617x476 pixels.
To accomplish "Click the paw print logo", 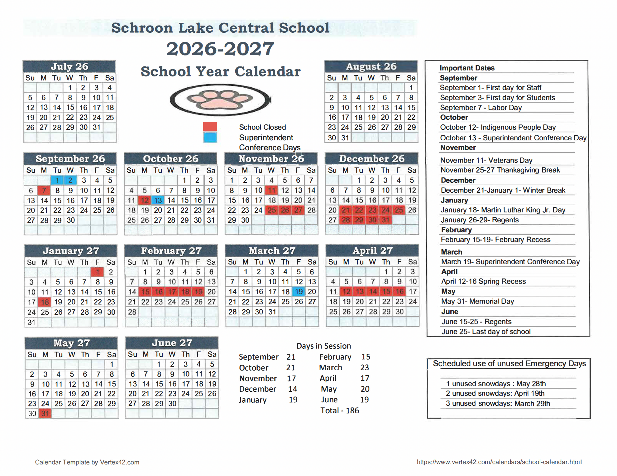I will [x=220, y=100].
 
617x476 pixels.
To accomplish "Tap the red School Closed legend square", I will [x=210, y=127].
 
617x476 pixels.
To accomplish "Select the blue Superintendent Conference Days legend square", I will [x=210, y=137].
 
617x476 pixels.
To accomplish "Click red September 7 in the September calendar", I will [x=44, y=190].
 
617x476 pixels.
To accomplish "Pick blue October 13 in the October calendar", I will [x=158, y=200].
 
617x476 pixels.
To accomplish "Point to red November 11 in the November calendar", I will [x=271, y=190].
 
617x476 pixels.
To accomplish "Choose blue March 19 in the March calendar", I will [x=299, y=292].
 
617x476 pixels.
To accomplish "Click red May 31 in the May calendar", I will [x=45, y=414].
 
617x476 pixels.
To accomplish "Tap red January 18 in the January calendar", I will [x=45, y=302].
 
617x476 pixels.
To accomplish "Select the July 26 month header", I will [x=69, y=67].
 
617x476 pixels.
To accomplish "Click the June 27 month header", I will [x=172, y=343].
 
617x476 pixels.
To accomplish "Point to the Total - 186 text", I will [x=340, y=410].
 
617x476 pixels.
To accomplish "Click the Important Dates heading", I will [x=467, y=68].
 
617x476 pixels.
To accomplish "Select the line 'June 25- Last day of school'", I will [x=486, y=332].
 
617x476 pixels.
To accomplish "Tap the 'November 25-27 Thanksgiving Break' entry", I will [x=500, y=170].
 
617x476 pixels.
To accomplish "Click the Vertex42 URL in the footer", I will [x=499, y=462].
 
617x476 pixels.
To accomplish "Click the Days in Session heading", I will [x=323, y=346].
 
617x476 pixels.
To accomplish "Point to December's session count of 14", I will [x=293, y=389].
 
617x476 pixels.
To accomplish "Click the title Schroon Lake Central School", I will [x=220, y=28].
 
